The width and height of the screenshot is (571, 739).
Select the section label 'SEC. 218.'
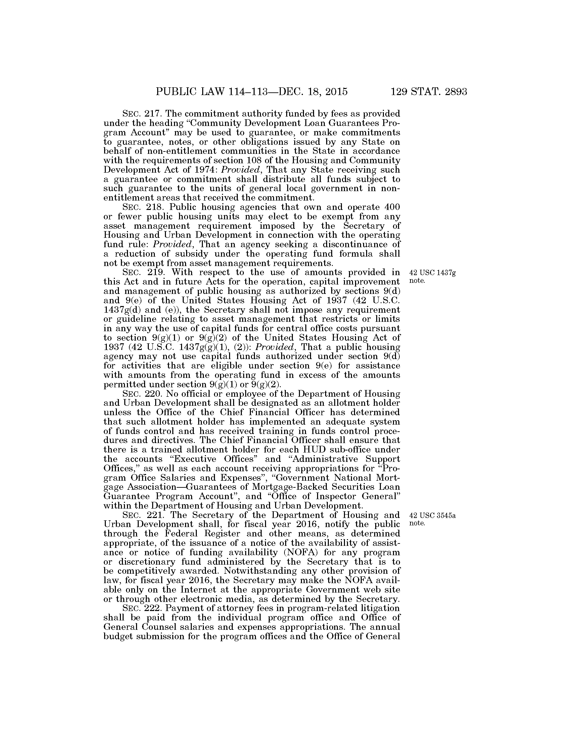(138, 207)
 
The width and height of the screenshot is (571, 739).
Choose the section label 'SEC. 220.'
(138, 394)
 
